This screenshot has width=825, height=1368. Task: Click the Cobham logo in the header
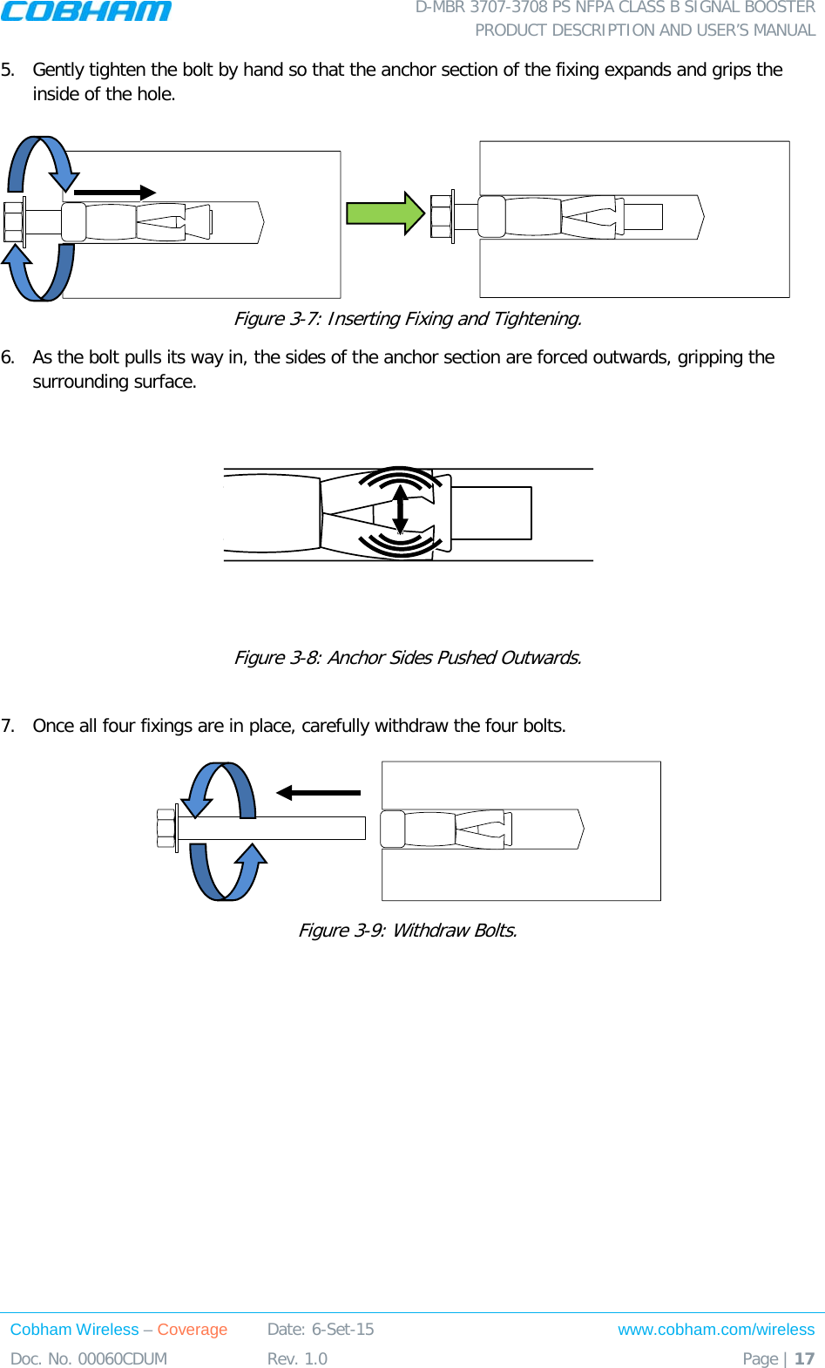[86, 11]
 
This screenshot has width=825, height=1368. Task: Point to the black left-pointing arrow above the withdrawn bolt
[318, 793]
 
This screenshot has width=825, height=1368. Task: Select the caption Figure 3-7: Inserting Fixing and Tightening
[408, 319]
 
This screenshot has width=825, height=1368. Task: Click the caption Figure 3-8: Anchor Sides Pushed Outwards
[408, 658]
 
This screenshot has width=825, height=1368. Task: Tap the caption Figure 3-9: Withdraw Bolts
[408, 931]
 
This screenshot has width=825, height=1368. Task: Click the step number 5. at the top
[8, 70]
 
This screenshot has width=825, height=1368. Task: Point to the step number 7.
[8, 726]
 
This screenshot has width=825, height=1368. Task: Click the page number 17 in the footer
[804, 1358]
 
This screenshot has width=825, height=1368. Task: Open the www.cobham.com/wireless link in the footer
[716, 1330]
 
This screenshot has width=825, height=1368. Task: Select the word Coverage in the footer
[192, 1330]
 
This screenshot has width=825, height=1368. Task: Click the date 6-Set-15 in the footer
[342, 1330]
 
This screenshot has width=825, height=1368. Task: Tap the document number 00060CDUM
[122, 1358]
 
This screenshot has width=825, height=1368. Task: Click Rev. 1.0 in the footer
[297, 1358]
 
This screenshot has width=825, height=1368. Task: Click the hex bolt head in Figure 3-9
[166, 829]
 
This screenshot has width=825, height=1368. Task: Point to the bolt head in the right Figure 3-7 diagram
[441, 217]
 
